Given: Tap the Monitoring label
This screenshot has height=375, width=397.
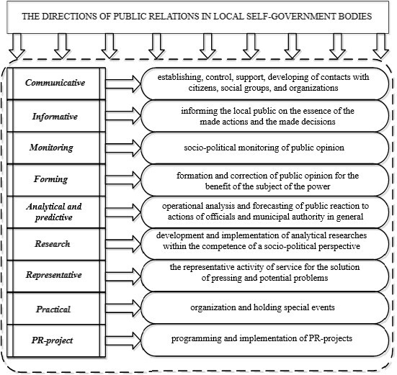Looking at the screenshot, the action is pyautogui.click(x=51, y=148).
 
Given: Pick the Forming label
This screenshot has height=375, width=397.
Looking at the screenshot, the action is pyautogui.click(x=51, y=179).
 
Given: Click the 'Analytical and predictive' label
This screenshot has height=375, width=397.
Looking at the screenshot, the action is pyautogui.click(x=54, y=212).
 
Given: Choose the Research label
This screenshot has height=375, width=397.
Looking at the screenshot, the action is pyautogui.click(x=53, y=244).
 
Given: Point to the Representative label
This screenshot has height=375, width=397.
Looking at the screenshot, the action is pyautogui.click(x=53, y=275).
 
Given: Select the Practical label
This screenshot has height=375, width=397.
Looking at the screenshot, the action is pyautogui.click(x=53, y=310).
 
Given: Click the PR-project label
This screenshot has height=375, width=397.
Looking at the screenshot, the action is pyautogui.click(x=52, y=340).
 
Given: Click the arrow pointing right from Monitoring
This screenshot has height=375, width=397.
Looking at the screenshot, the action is pyautogui.click(x=123, y=148).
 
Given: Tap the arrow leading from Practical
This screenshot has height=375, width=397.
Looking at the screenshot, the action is pyautogui.click(x=123, y=308).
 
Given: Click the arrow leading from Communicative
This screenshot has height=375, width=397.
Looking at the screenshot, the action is pyautogui.click(x=123, y=83).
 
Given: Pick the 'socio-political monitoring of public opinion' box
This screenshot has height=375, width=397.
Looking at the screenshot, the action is pyautogui.click(x=264, y=148).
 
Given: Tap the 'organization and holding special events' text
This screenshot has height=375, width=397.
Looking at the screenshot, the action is pyautogui.click(x=262, y=307).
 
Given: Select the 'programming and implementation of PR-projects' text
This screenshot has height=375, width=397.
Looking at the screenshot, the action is pyautogui.click(x=262, y=338).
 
